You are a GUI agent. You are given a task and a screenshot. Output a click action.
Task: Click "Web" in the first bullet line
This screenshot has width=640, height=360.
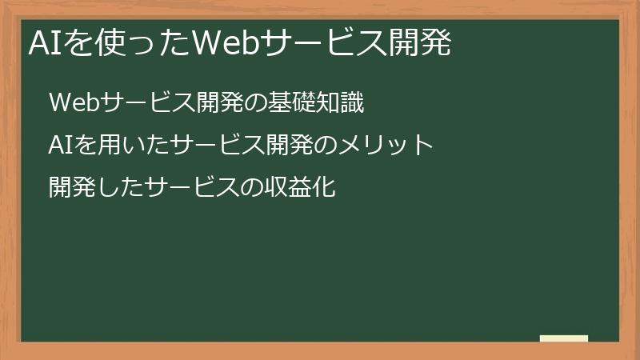coord(73,103)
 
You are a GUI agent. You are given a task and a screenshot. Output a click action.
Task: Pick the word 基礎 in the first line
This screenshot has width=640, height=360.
coord(294,103)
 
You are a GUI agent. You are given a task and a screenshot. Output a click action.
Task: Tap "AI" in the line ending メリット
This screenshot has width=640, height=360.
coord(58,146)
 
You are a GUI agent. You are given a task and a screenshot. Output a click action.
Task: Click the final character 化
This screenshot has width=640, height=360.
coord(322,188)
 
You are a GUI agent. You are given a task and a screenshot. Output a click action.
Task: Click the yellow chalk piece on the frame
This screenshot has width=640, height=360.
coord(564,338)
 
